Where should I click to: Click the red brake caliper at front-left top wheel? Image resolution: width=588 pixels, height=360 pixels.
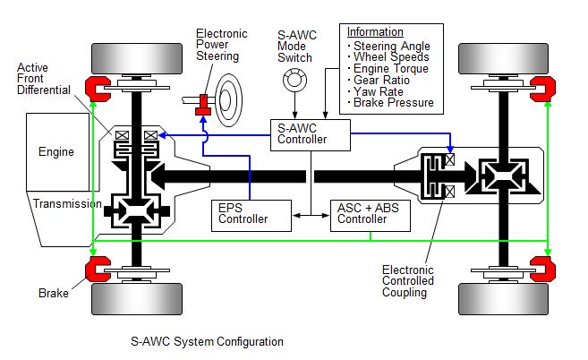[x=96, y=85]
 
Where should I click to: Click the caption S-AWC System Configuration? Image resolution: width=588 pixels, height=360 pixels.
[x=207, y=341]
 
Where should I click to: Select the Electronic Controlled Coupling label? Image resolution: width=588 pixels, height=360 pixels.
[x=407, y=280]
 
